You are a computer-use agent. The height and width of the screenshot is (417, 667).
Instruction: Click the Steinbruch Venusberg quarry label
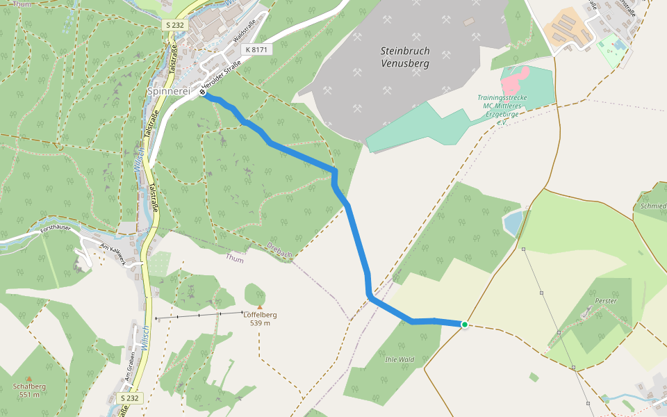tap(405, 57)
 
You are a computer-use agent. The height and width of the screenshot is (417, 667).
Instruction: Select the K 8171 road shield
tap(256, 50)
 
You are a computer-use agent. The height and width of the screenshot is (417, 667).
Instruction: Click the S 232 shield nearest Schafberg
tap(130, 398)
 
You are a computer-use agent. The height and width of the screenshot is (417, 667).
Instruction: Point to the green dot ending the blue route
tap(464, 325)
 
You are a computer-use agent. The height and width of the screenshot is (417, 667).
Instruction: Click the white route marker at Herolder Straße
tap(202, 92)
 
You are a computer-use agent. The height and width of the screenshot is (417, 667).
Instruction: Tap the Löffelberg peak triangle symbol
tap(260, 306)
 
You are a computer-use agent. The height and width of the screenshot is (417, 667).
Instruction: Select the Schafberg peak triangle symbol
tap(29, 379)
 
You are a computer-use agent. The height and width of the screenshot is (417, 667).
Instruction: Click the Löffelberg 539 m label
tap(261, 319)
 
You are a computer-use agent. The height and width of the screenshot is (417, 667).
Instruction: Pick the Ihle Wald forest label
tap(400, 359)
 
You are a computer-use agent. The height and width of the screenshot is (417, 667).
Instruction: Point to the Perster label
tap(606, 301)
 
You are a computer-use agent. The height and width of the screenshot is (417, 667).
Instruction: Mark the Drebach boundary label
tap(281, 249)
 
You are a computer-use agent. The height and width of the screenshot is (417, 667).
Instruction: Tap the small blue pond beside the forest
tap(512, 223)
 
